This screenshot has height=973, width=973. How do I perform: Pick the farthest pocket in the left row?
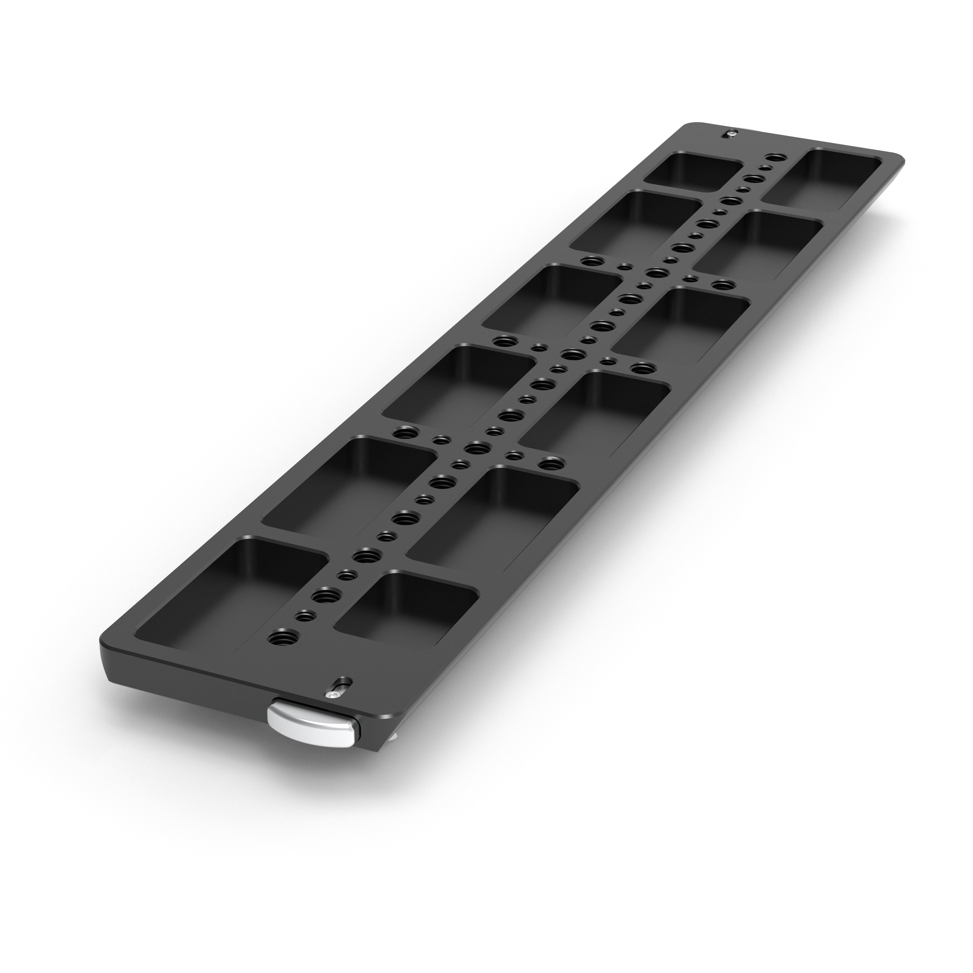tap(695, 171)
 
